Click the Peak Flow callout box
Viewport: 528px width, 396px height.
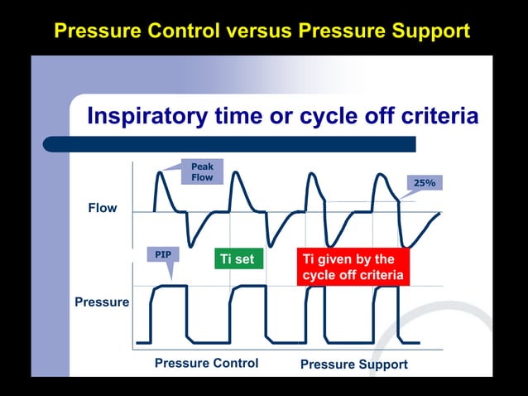click(x=202, y=172)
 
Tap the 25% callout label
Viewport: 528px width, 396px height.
click(x=424, y=182)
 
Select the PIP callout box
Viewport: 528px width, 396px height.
click(x=163, y=255)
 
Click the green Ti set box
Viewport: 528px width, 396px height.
click(x=238, y=259)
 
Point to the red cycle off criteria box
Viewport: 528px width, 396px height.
click(x=353, y=267)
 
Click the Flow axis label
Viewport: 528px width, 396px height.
click(x=103, y=208)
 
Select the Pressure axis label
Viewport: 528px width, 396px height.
click(x=102, y=302)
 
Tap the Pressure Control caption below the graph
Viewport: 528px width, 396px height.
click(x=206, y=363)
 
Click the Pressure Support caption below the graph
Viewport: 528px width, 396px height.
click(x=353, y=364)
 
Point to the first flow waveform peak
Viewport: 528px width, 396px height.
click(x=161, y=171)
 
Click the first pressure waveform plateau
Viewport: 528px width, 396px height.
click(x=170, y=286)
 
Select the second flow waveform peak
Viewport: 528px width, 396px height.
click(x=236, y=173)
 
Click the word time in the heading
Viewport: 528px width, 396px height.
click(x=240, y=116)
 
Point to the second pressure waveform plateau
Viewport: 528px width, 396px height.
click(x=248, y=286)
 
